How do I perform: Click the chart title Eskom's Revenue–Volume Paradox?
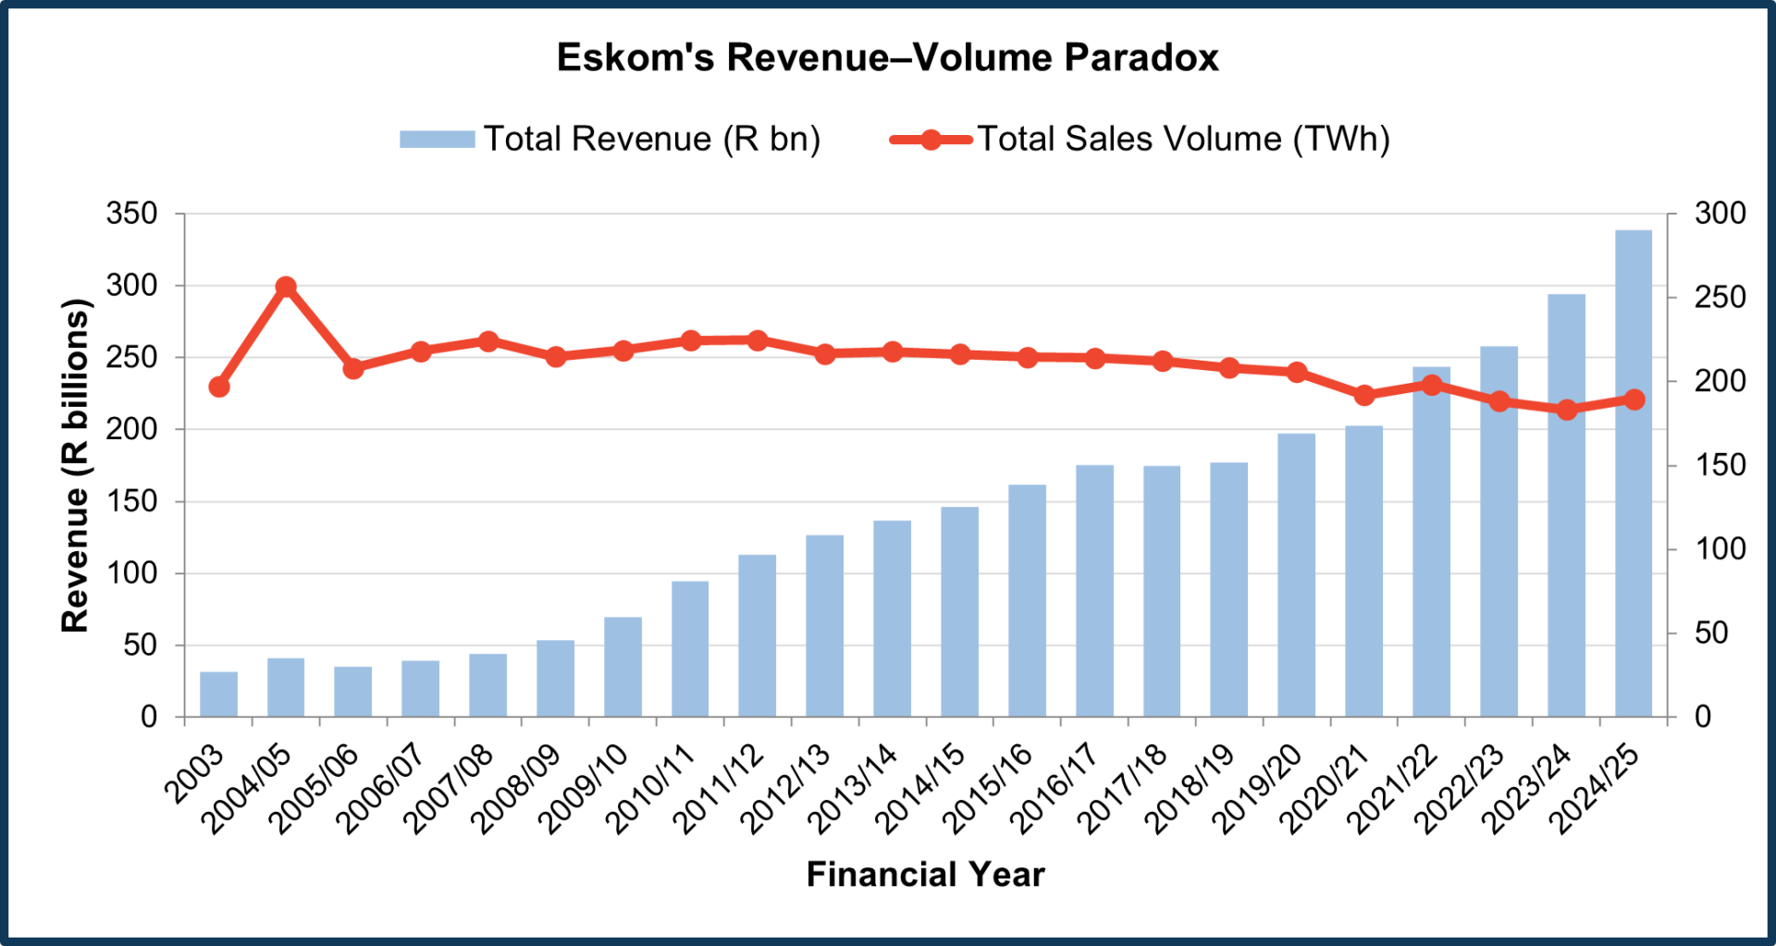tap(887, 57)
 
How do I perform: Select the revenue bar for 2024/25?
tap(1634, 473)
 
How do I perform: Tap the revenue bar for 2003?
tap(218, 694)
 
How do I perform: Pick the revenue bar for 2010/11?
tap(690, 648)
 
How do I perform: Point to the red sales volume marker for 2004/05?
tap(286, 287)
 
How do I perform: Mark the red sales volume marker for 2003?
tap(219, 387)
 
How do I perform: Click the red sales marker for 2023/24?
tap(1567, 410)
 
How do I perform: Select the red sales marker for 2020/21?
tap(1363, 395)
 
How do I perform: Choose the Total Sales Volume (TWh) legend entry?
tap(1141, 139)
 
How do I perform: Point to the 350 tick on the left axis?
tap(132, 214)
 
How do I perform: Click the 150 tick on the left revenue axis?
tap(132, 501)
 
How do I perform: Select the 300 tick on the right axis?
tap(1720, 214)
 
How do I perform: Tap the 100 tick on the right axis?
tap(1720, 549)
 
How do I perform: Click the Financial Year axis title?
tap(925, 874)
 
